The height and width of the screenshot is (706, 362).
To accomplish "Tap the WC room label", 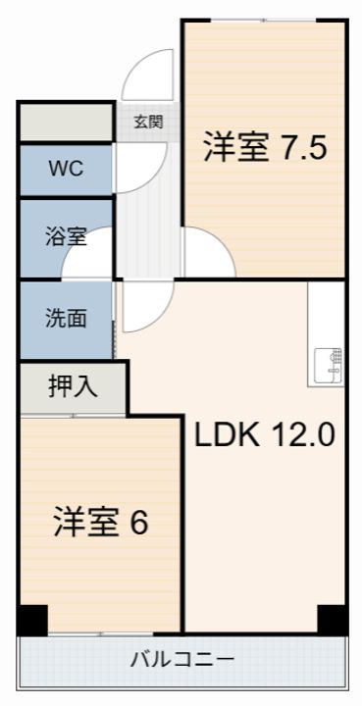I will click(x=67, y=169).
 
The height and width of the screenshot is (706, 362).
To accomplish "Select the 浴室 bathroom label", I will click(x=66, y=236).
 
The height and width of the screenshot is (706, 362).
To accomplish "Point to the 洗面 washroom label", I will click(x=66, y=318).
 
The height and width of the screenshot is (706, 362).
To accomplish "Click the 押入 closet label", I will click(x=73, y=386).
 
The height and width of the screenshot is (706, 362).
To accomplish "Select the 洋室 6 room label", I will click(x=100, y=522).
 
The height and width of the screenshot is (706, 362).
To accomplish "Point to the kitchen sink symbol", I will click(x=328, y=365).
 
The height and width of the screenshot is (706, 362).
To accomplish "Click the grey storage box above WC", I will click(x=67, y=123).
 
